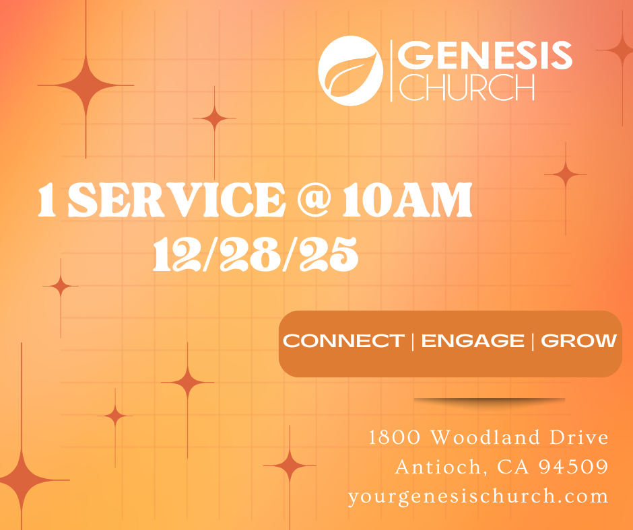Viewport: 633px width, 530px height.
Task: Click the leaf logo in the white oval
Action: coord(350,71)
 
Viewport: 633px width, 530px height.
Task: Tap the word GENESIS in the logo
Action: coord(485,55)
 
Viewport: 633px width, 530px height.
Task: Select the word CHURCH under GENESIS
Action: coord(467,87)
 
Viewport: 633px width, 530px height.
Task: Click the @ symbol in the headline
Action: coord(314,199)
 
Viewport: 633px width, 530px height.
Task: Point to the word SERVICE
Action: coord(177,200)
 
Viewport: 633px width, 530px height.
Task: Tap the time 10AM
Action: coord(407,200)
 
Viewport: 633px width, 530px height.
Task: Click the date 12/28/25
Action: coord(255,254)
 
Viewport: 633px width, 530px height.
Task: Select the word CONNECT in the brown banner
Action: coord(343,341)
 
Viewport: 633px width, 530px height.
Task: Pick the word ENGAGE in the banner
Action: coord(473,341)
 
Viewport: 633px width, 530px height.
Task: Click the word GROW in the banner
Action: coord(579,341)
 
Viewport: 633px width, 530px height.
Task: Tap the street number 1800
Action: coord(395,438)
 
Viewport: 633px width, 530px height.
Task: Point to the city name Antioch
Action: coord(438,467)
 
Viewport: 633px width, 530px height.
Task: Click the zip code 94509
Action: coord(574,467)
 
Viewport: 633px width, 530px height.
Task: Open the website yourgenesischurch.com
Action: coord(478,496)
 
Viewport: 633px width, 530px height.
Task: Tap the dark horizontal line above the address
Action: coord(490,400)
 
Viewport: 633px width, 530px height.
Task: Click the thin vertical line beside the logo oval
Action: coord(391,71)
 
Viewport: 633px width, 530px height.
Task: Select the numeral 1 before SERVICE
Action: coord(47,200)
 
